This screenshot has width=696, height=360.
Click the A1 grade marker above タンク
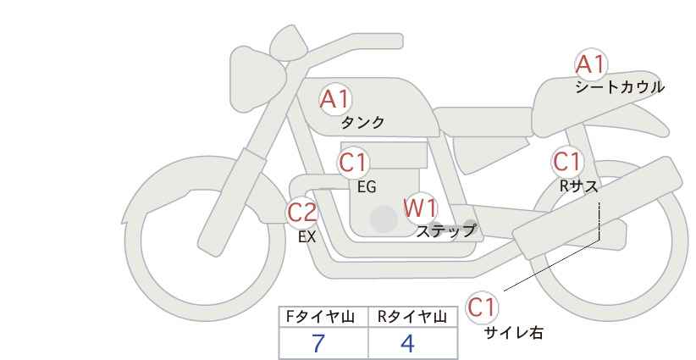coord(335,99)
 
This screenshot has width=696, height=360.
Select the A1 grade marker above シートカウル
coord(591,64)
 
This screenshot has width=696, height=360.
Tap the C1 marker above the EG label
coord(353,163)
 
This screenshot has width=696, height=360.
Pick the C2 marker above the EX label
coord(302,213)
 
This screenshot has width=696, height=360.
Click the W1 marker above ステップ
coord(421,208)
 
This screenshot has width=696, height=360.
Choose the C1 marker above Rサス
coord(566,162)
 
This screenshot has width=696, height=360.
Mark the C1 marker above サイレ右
coord(482,307)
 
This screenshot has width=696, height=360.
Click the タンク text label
coord(362,123)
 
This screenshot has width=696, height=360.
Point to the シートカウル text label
coord(620,87)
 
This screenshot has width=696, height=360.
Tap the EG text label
coord(367,187)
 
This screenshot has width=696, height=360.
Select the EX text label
coord(307,237)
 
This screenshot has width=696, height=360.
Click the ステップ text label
coord(445,231)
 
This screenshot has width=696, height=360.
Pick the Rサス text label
coord(579,186)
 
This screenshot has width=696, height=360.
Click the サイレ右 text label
coord(514,333)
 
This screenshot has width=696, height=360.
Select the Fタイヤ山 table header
coord(320,317)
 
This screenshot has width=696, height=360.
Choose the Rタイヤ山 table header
coord(412,317)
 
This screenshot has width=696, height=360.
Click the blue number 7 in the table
coord(318,343)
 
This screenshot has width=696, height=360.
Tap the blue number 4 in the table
coord(407,343)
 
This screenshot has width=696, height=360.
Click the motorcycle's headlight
coord(257,79)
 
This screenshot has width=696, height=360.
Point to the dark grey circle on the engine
coord(384,219)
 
